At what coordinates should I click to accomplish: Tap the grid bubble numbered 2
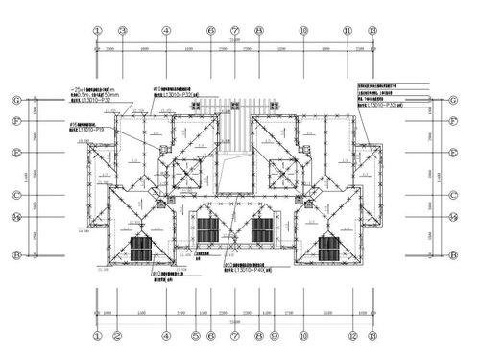[116, 336]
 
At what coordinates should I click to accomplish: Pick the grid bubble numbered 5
[195, 336]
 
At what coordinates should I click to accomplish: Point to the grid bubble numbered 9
[274, 336]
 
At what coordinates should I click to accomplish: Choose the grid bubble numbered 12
[353, 336]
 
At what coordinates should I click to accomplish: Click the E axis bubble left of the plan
[16, 152]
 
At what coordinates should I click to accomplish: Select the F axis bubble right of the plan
[451, 121]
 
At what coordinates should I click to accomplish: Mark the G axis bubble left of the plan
[16, 100]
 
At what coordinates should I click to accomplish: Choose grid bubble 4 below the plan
[166, 336]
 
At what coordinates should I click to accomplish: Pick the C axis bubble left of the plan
[16, 195]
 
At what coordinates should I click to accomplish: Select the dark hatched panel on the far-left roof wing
[141, 249]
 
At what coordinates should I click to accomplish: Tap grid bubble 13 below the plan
[372, 336]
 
